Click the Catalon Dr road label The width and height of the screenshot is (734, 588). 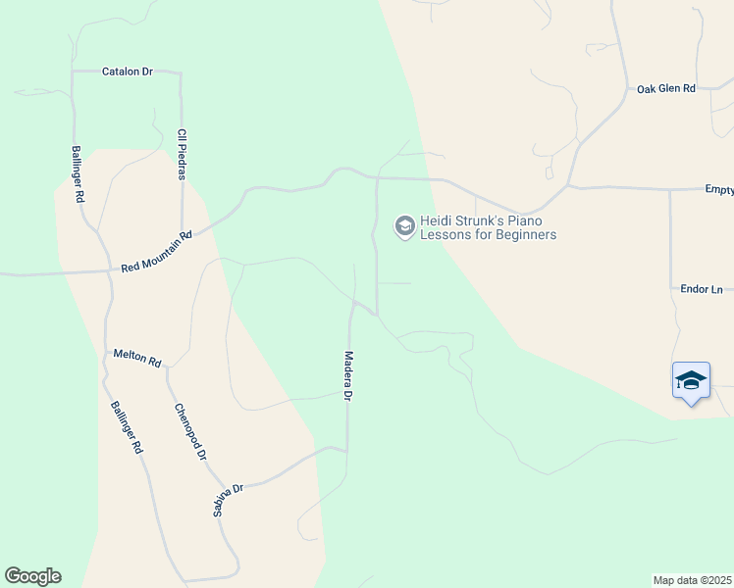pyautogui.click(x=129, y=72)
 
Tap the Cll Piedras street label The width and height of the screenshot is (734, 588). pyautogui.click(x=182, y=154)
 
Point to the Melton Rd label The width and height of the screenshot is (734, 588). pyautogui.click(x=136, y=357)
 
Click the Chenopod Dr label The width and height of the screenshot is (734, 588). pyautogui.click(x=190, y=431)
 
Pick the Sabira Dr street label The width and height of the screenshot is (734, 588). pyautogui.click(x=228, y=500)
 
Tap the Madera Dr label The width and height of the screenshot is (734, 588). pyautogui.click(x=347, y=377)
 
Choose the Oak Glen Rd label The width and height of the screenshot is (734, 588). pyautogui.click(x=665, y=88)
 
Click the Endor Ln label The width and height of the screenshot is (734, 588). pyautogui.click(x=701, y=289)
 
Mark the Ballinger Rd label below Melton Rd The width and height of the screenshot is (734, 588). pyautogui.click(x=128, y=428)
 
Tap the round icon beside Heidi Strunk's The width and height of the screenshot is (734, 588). pyautogui.click(x=403, y=227)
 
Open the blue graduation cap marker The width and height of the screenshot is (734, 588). pyautogui.click(x=691, y=380)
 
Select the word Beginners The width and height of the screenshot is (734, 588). pyautogui.click(x=526, y=235)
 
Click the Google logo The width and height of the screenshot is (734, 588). pyautogui.click(x=32, y=576)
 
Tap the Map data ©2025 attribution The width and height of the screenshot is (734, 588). pyautogui.click(x=692, y=580)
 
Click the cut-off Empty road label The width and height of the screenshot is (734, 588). pyautogui.click(x=718, y=189)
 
